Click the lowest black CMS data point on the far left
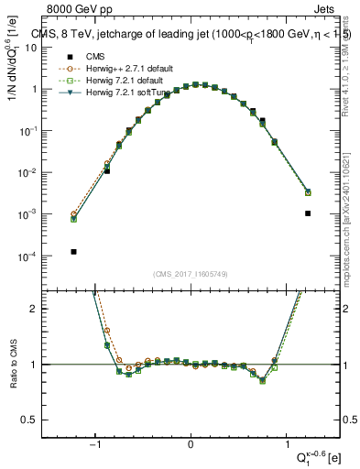[73, 251]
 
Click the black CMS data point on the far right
[308, 213]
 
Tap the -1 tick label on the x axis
[96, 446]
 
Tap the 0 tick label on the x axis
[191, 446]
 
